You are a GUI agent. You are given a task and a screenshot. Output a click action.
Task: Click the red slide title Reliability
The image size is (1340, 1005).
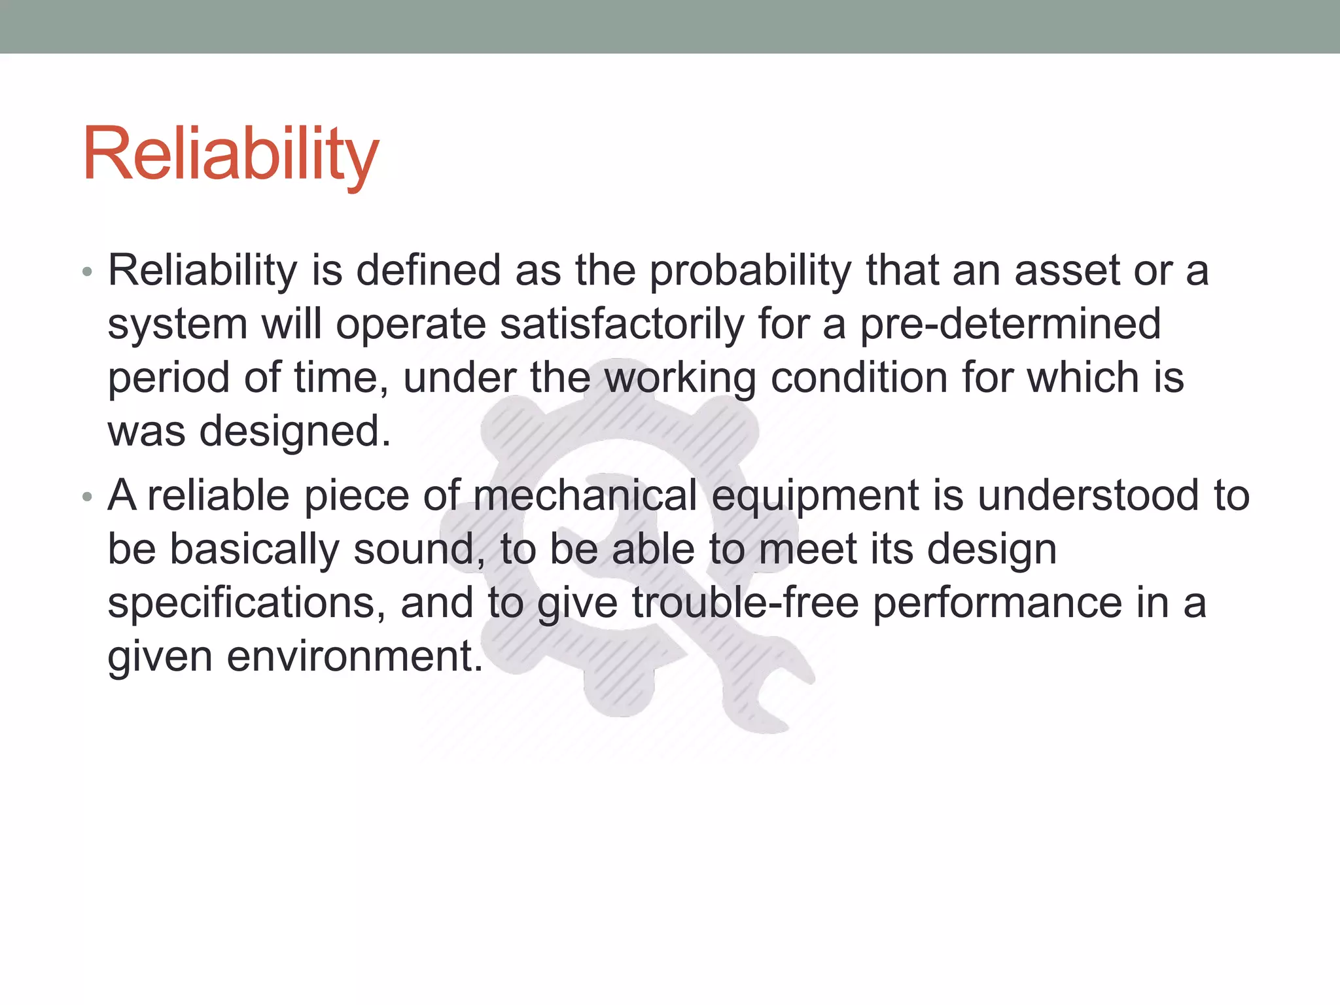[230, 155]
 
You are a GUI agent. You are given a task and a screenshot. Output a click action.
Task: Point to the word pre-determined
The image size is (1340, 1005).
[1010, 325]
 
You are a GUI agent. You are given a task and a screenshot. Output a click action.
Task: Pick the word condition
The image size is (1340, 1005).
[859, 378]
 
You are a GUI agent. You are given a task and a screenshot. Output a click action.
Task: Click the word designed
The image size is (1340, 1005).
[294, 432]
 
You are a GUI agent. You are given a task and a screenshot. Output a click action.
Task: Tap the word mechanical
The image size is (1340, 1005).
[585, 495]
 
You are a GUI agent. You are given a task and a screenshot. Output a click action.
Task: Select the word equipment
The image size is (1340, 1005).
[815, 495]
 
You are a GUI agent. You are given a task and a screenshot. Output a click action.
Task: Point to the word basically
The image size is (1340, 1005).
[255, 549]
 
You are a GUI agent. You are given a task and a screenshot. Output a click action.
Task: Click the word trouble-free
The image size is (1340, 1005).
[745, 603]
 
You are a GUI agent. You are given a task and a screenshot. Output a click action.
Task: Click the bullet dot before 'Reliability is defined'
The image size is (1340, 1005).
[87, 272]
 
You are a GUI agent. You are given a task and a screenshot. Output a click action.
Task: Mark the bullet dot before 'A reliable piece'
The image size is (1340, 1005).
[87, 497]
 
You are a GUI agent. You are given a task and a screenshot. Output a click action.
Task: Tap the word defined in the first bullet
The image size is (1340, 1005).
[428, 271]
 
